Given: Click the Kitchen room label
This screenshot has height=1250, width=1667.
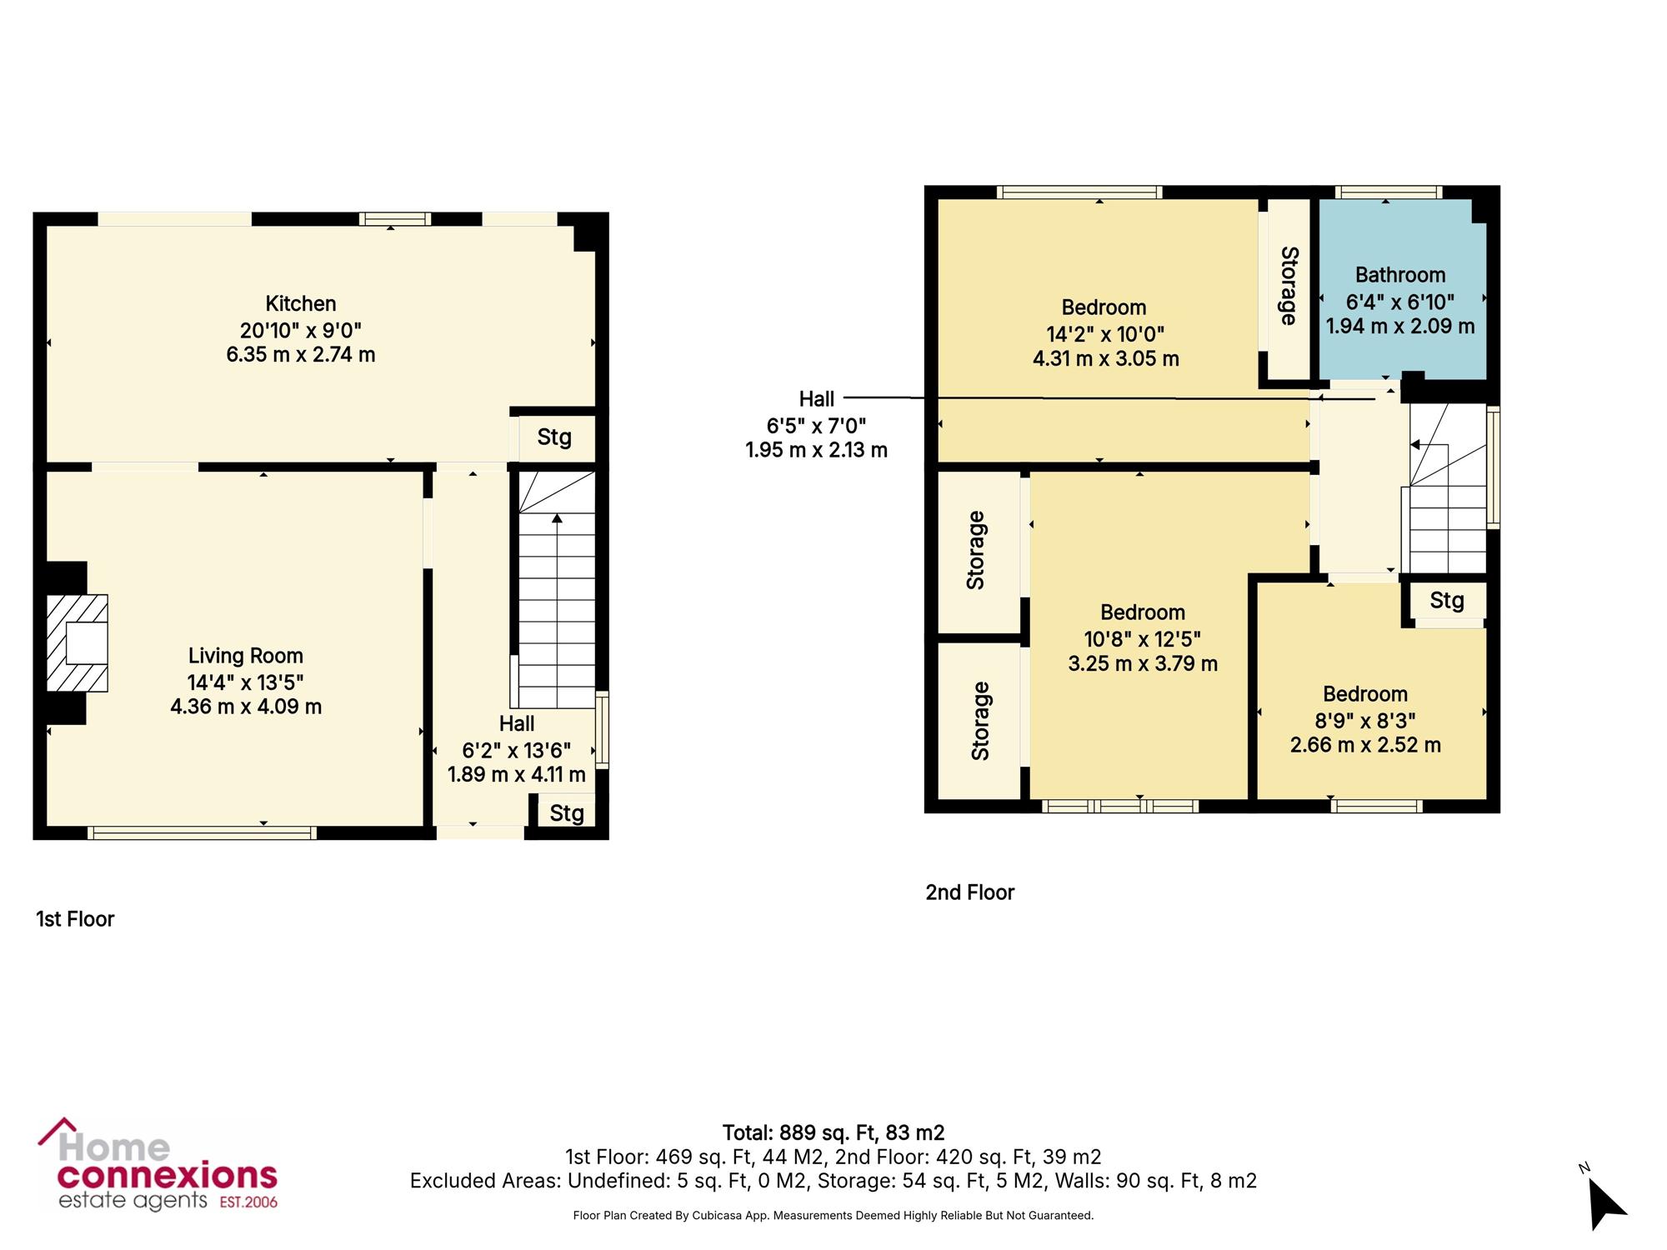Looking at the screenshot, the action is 301,303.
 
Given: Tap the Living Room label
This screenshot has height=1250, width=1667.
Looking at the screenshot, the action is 245,656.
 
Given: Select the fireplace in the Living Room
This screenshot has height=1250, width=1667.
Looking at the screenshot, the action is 77,642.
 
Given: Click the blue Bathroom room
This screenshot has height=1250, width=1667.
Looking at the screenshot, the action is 1401,289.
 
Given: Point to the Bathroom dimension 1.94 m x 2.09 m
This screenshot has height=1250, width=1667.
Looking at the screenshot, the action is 1400,326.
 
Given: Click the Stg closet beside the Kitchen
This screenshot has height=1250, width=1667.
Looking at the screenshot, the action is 554,437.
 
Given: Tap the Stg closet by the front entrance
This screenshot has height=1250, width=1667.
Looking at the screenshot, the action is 567,812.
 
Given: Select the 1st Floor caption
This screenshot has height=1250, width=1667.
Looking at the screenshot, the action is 75,918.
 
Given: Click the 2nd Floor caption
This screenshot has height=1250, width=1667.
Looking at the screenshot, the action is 969,892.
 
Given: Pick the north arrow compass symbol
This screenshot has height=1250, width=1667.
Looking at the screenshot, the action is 1604,1198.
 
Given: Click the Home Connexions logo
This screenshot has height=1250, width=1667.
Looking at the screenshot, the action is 158,1164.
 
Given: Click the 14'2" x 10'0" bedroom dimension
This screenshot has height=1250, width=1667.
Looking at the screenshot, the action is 1105,333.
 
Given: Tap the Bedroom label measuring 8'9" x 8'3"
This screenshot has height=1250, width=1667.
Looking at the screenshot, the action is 1365,694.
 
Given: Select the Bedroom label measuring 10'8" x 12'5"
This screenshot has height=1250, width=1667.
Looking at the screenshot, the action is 1143,612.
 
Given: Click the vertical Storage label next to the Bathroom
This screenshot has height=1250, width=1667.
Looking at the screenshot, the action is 1289,285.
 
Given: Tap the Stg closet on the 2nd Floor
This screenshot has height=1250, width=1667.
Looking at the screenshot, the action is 1447,600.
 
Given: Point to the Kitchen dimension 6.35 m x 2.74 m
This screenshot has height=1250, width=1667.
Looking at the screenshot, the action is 301,354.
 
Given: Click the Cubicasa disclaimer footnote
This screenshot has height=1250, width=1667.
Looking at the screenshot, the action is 833,1216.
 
